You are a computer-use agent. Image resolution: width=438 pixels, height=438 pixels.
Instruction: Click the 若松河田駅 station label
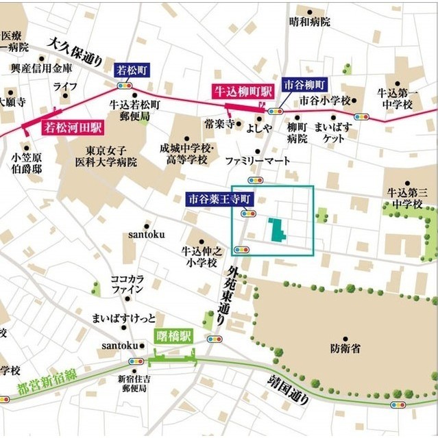pos(73,127)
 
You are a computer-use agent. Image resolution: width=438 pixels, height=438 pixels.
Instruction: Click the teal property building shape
pos(278,230)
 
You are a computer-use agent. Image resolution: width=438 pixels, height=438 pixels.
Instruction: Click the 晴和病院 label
pos(310,22)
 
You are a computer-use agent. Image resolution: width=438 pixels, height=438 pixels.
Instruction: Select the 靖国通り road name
pos(287,391)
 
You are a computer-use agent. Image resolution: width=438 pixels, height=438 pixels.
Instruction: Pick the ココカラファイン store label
pos(128,285)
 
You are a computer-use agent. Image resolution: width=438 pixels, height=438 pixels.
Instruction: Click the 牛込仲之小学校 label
pos(199,257)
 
